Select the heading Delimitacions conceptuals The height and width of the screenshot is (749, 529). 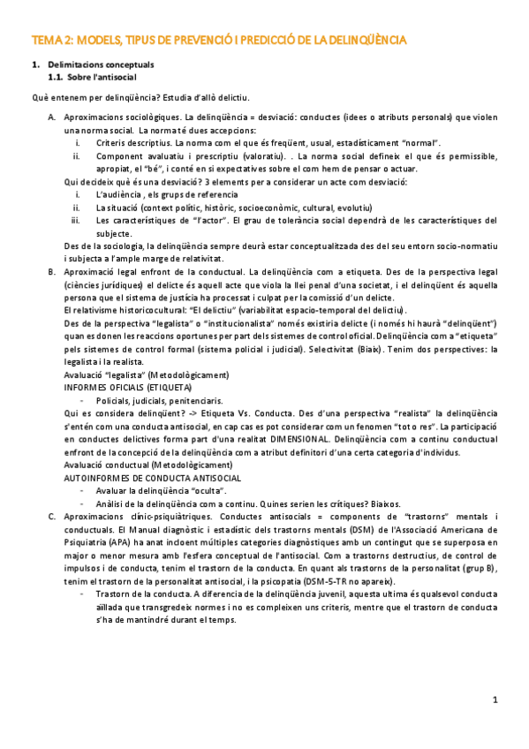101,65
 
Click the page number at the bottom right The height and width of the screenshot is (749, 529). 495,700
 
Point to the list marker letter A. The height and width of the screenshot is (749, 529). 52,117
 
